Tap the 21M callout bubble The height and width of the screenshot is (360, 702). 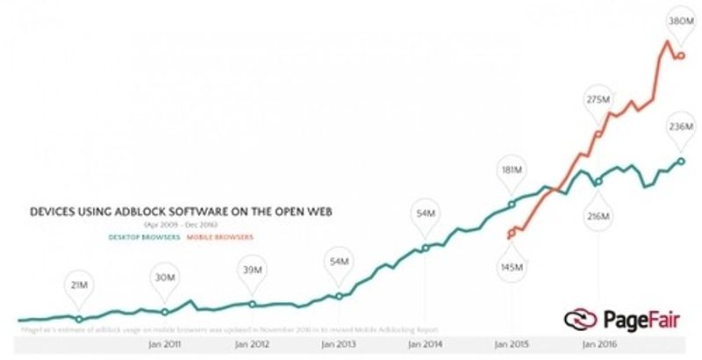[x=79, y=285]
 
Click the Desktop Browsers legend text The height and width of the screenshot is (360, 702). [x=146, y=237]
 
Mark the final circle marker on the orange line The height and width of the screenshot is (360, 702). [x=681, y=56]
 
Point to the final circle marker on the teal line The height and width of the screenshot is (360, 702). [x=681, y=162]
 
